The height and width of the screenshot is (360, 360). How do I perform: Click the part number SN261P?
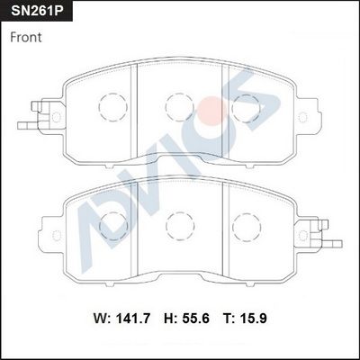click(37, 11)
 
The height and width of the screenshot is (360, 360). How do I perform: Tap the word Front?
click(26, 38)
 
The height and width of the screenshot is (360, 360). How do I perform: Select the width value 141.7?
click(133, 319)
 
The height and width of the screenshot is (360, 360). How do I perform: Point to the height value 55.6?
click(195, 319)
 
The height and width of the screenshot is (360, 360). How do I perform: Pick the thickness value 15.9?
click(253, 319)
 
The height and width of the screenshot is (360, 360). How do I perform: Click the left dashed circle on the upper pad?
click(113, 107)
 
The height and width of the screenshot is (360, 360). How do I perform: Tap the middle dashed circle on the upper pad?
click(180, 107)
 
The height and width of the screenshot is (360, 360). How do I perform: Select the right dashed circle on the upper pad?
click(247, 108)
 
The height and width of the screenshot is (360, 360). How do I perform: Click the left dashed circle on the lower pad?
click(113, 226)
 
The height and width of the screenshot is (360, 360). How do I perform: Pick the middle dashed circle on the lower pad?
click(180, 226)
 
